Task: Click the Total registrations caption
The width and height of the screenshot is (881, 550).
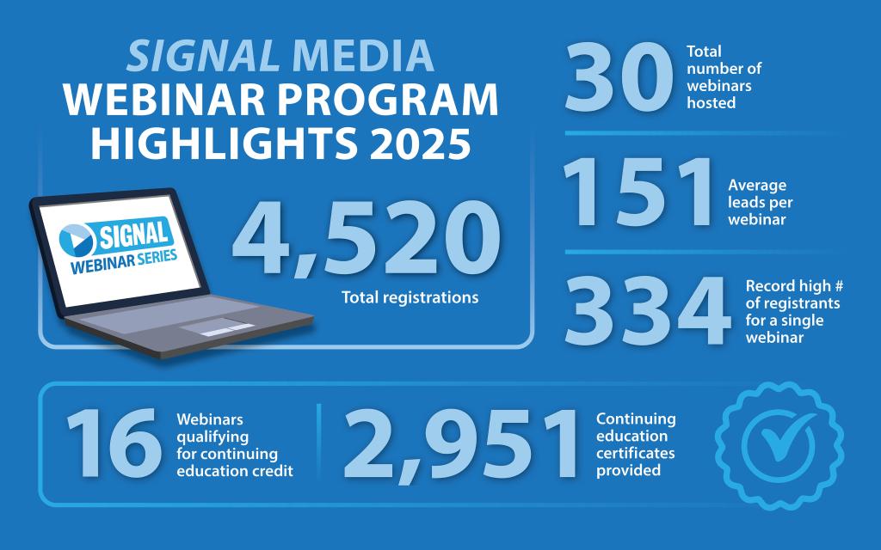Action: point(410,298)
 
